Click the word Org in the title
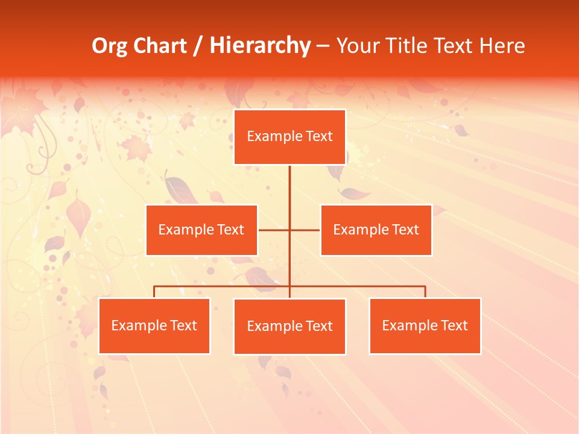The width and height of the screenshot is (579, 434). click(x=109, y=46)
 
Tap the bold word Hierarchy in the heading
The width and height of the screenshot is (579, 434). click(x=259, y=46)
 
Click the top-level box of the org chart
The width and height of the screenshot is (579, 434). click(x=289, y=137)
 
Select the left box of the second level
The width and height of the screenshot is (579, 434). click(x=201, y=230)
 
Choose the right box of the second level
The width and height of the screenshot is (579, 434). click(x=376, y=230)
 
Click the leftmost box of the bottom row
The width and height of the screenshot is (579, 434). click(x=154, y=325)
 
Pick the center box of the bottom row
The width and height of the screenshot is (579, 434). click(x=289, y=326)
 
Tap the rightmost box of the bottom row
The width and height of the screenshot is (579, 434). click(x=425, y=325)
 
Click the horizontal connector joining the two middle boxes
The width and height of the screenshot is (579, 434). click(x=274, y=230)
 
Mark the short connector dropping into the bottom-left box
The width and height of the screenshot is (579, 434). click(x=154, y=292)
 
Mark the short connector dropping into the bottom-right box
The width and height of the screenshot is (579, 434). click(x=425, y=292)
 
